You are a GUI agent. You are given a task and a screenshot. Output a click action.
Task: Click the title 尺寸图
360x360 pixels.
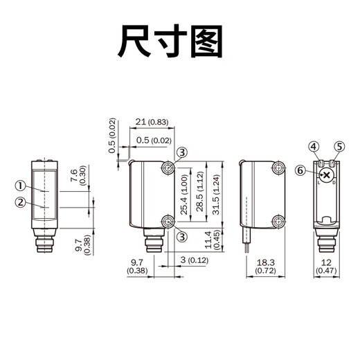point(172,42)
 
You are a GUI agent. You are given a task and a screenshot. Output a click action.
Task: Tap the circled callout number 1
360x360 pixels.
point(20,186)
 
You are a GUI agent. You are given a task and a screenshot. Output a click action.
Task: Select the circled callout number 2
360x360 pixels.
point(20,202)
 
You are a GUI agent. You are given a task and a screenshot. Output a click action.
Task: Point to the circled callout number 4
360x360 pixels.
point(314,146)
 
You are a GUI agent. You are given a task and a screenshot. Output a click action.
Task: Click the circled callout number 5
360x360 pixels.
point(339,146)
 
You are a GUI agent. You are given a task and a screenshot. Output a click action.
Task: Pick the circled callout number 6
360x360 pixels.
point(300,170)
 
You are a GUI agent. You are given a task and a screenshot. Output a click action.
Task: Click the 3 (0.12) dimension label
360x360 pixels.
point(192,260)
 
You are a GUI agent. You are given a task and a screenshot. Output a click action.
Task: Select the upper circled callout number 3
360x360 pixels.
point(181,152)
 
